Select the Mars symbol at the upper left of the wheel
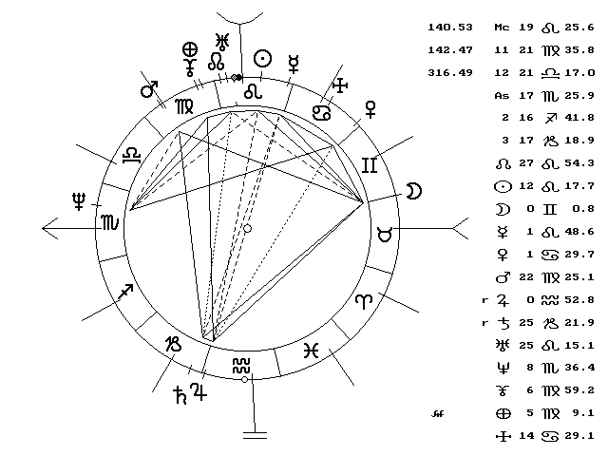click(x=149, y=89)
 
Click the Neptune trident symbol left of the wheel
click(x=78, y=200)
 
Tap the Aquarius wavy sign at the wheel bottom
click(x=243, y=365)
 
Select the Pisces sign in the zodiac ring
click(x=311, y=350)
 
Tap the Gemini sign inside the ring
click(x=369, y=165)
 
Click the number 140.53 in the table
click(x=452, y=28)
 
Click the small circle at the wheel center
click(x=247, y=229)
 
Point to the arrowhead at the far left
click(x=47, y=228)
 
